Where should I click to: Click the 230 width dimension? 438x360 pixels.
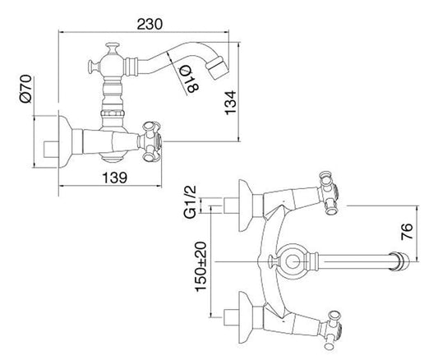tap(150, 24)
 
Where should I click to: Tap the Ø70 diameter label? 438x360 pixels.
tap(25, 89)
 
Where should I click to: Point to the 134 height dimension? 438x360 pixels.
tap(231, 103)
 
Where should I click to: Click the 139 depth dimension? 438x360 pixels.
tap(114, 178)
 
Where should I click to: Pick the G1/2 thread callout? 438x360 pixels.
tap(190, 201)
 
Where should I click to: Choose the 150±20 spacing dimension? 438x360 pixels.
tap(201, 267)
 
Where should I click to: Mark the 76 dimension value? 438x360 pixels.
tap(407, 231)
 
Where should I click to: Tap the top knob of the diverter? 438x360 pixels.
tap(113, 48)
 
